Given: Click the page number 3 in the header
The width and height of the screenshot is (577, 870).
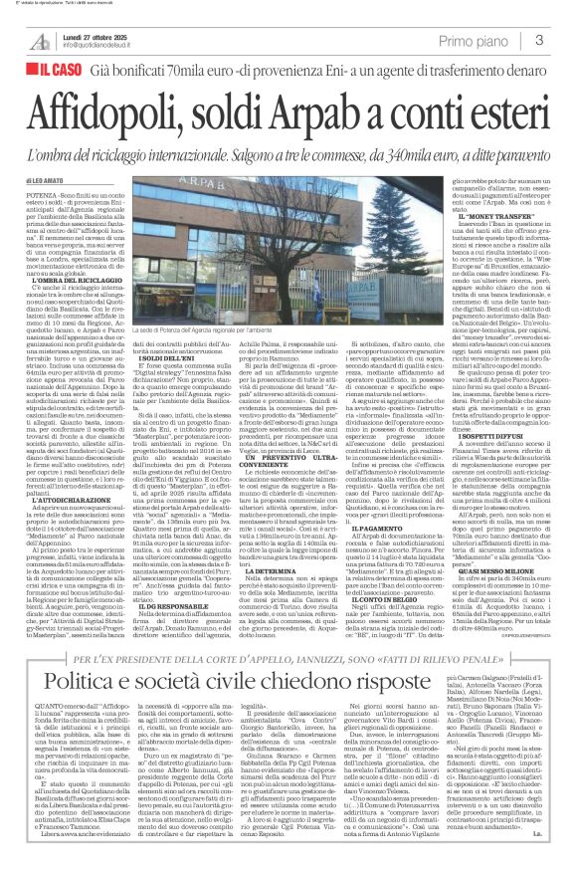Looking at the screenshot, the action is (x=536, y=40).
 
